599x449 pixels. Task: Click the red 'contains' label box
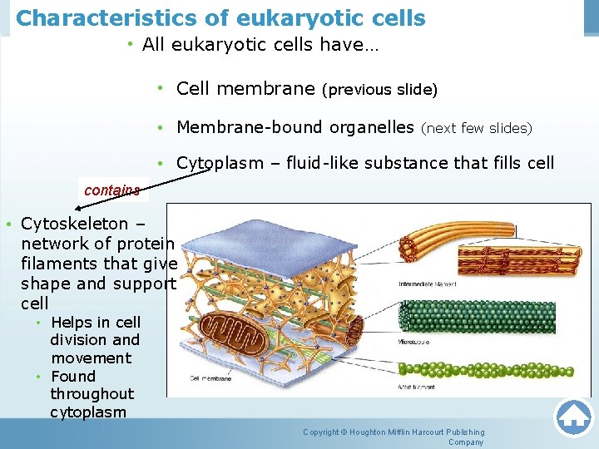[x=112, y=190]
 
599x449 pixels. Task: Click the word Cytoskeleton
[x=75, y=224]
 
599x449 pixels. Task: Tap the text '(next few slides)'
[x=476, y=128]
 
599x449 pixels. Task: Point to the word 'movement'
[x=91, y=358]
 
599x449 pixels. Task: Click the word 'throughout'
[x=92, y=394]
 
